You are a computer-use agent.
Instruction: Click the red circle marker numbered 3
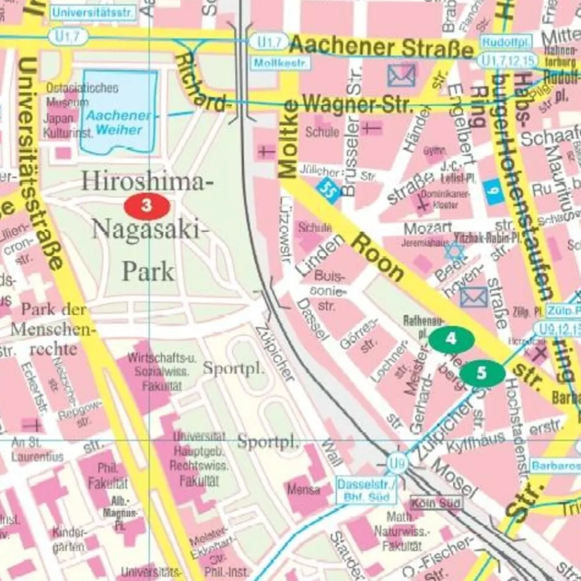click(147, 205)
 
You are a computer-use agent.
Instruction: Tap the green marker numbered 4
click(451, 338)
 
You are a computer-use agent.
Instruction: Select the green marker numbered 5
click(482, 372)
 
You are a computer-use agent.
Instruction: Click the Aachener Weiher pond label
click(119, 122)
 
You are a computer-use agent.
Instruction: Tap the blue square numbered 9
click(493, 192)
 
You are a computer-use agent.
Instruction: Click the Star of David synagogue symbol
click(455, 251)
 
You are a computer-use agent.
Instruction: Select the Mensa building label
click(303, 489)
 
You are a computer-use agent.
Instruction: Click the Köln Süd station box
click(437, 503)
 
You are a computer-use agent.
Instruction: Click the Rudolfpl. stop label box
click(498, 41)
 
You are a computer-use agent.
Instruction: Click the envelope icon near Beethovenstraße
click(474, 297)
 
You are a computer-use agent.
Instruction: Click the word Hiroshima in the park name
click(144, 182)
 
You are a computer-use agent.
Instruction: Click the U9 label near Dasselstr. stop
click(397, 464)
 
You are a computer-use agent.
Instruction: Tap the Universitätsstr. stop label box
click(94, 12)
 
